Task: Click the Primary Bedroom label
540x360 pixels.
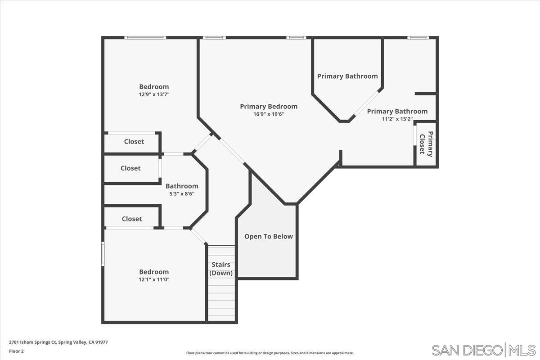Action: (x=269, y=107)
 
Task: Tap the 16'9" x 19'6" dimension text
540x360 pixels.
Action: (x=269, y=114)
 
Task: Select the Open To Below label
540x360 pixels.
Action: (x=268, y=236)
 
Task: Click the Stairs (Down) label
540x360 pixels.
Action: (x=221, y=269)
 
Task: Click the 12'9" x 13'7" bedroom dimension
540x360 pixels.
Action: (x=154, y=94)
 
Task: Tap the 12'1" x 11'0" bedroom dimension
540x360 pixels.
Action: (x=154, y=279)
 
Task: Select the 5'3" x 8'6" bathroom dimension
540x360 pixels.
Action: (x=182, y=194)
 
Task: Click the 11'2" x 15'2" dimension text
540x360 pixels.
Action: (x=397, y=119)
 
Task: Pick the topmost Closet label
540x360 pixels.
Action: (x=134, y=141)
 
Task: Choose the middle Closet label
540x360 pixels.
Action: (x=130, y=168)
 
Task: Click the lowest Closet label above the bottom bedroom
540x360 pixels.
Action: (x=132, y=219)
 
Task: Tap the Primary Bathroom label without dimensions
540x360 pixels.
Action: (x=347, y=76)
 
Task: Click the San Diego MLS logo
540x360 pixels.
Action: (x=483, y=350)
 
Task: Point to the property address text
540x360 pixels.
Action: (x=58, y=342)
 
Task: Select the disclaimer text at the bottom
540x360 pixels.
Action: (x=270, y=353)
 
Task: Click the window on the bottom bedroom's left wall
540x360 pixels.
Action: (x=103, y=253)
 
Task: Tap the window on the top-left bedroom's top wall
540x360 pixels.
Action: (x=145, y=37)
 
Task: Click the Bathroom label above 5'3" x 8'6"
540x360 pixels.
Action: (x=182, y=186)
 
